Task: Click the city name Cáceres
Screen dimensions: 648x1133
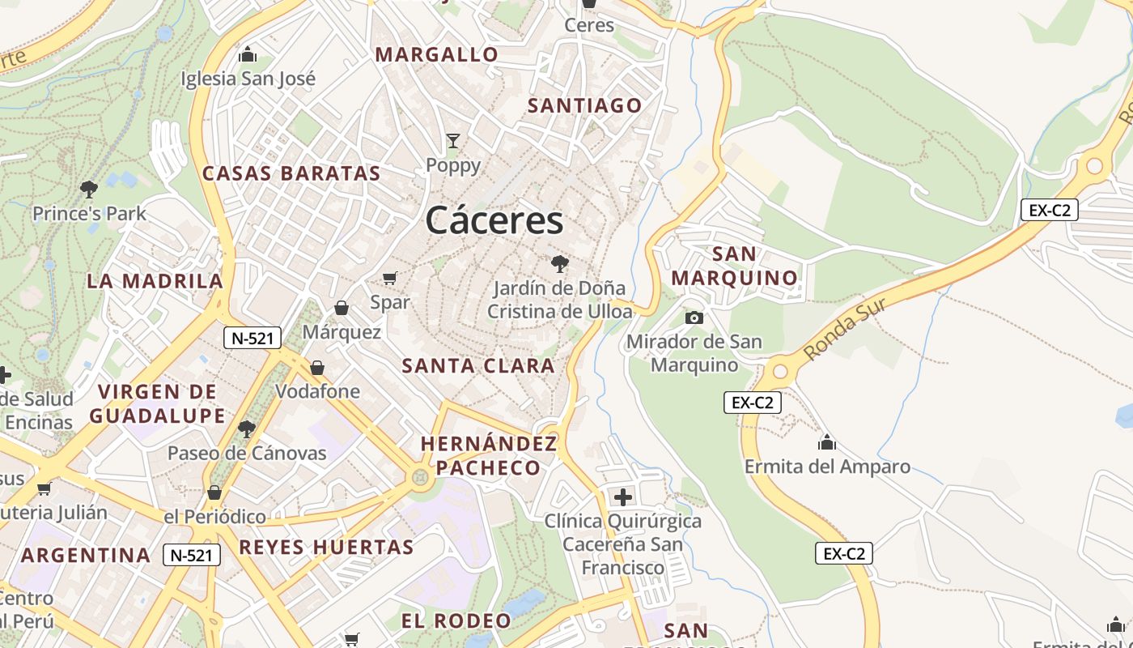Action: tap(494, 220)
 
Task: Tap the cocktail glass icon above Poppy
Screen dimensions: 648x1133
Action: tap(453, 141)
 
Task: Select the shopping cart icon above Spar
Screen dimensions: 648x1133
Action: tap(389, 279)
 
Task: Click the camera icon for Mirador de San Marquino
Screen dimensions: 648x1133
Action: tap(694, 318)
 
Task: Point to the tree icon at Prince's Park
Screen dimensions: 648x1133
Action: tap(89, 190)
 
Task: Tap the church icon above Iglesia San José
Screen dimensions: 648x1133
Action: tap(248, 55)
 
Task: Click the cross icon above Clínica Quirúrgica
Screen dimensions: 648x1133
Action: tap(622, 497)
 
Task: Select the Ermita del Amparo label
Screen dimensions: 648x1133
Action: tap(827, 467)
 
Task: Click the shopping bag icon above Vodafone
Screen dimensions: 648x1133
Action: tap(317, 368)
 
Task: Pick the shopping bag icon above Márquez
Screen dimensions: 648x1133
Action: tap(342, 308)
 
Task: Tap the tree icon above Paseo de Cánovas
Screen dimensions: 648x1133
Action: tap(247, 428)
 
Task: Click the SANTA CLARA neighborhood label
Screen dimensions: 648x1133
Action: tap(478, 365)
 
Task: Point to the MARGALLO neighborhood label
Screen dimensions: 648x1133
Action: tap(437, 54)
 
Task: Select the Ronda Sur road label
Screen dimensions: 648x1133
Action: tap(846, 329)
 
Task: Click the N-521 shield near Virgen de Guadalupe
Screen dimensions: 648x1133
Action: tap(252, 339)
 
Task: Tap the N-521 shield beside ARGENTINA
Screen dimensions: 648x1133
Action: tap(192, 555)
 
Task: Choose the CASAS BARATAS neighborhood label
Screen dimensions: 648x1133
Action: tap(291, 173)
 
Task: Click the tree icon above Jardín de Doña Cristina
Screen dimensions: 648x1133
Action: tap(559, 263)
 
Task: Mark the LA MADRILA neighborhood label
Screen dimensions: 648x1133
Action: tap(155, 281)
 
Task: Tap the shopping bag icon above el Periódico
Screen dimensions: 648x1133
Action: tap(214, 492)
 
